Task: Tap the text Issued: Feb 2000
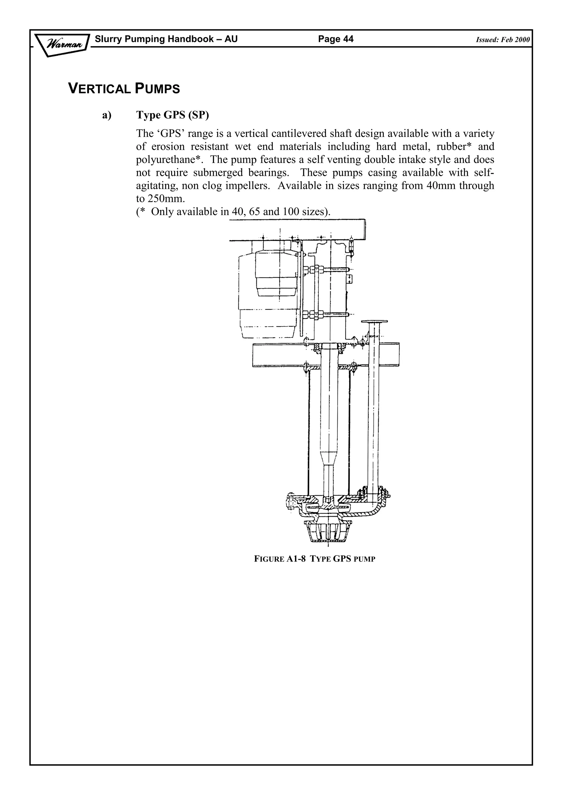pyautogui.click(x=502, y=40)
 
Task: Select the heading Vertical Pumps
pyautogui.click(x=124, y=89)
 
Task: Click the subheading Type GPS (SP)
pyautogui.click(x=172, y=115)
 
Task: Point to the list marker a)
pyautogui.click(x=107, y=115)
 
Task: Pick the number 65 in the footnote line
pyautogui.click(x=254, y=212)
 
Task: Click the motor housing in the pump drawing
pyautogui.click(x=275, y=277)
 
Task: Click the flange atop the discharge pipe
pyautogui.click(x=374, y=322)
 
